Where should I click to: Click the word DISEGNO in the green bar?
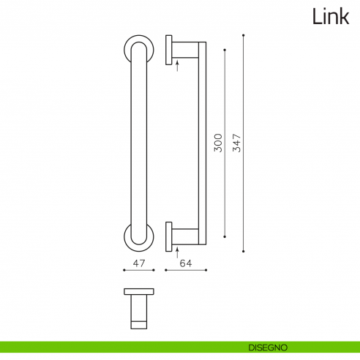pyautogui.click(x=266, y=346)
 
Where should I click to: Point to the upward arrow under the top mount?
pyautogui.click(x=178, y=66)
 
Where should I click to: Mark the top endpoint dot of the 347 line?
pyautogui.click(x=243, y=33)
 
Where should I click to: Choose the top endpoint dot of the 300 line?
pyautogui.click(x=225, y=50)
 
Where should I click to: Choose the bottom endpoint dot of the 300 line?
pyautogui.click(x=225, y=236)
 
